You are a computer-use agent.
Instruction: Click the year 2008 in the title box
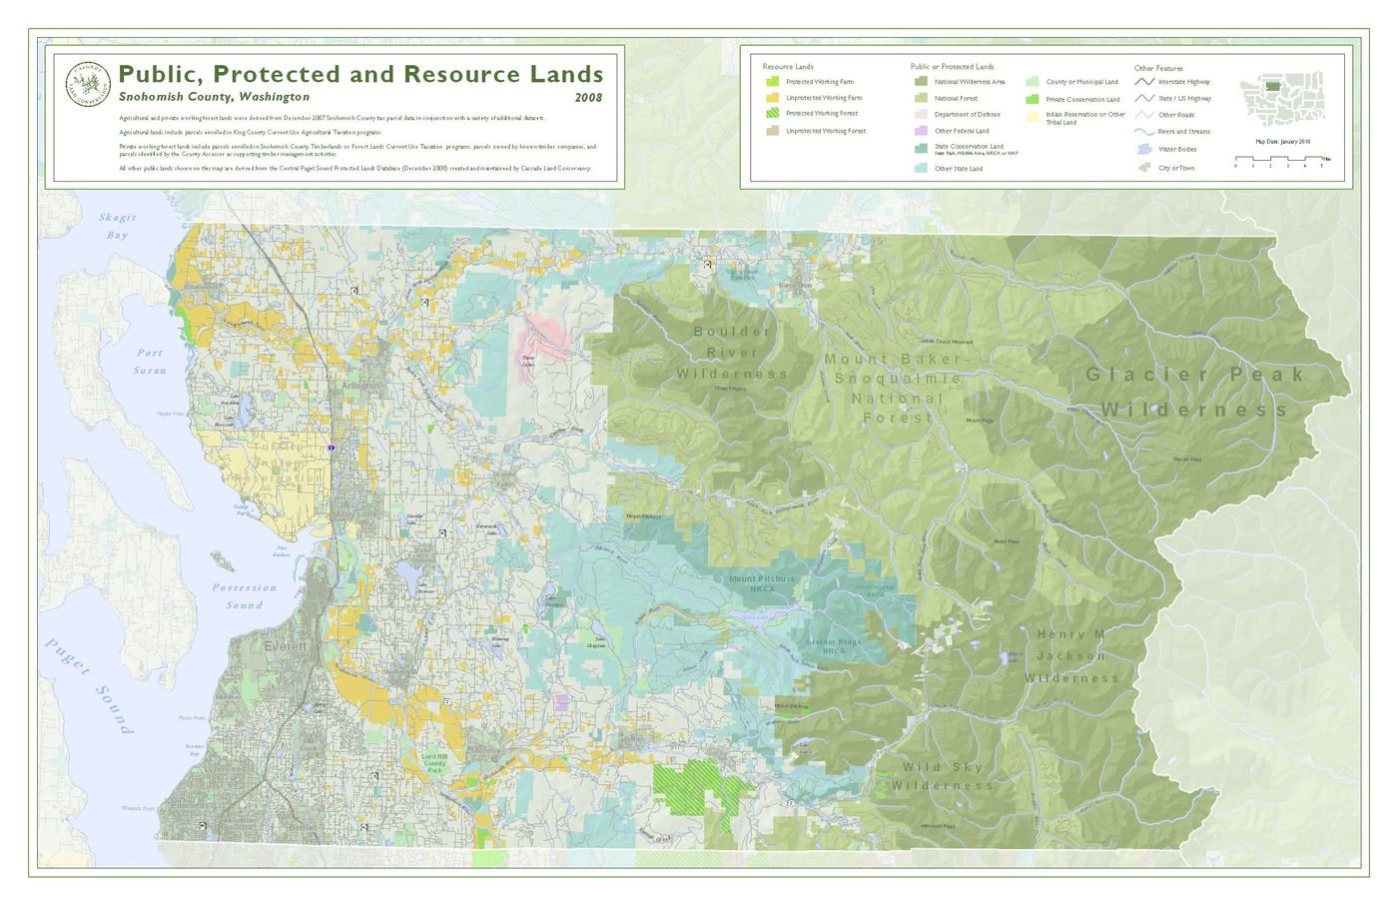(588, 98)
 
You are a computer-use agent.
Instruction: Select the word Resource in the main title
(462, 74)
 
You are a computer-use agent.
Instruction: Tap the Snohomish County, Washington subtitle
(214, 97)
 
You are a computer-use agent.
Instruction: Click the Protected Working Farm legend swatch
(772, 82)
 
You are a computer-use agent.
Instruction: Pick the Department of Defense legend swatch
(920, 115)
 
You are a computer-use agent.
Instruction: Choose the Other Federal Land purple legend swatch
(920, 131)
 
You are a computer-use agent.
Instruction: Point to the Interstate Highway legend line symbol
(1144, 82)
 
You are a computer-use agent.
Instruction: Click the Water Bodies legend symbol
(1144, 149)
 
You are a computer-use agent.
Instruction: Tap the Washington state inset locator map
(1282, 96)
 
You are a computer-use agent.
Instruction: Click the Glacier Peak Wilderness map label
(1195, 392)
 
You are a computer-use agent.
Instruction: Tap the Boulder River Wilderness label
(732, 353)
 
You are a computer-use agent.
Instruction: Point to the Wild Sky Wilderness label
(942, 776)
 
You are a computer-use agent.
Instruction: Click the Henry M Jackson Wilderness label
(1071, 656)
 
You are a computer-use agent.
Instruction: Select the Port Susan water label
(150, 362)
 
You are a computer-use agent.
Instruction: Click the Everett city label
(286, 646)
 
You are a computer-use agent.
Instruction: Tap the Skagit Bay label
(118, 226)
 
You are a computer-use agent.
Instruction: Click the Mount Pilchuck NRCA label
(763, 583)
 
